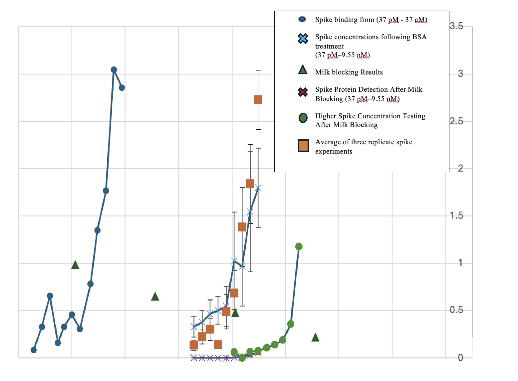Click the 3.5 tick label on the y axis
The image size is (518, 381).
pos(456,26)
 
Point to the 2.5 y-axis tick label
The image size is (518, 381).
pos(456,121)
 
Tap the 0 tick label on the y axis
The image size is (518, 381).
pos(460,358)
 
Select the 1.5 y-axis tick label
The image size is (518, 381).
pos(456,216)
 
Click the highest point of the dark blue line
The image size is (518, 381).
pos(114,69)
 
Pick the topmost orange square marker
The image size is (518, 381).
pos(258,99)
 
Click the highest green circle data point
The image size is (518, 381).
pos(299,246)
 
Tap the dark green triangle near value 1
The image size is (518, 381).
pos(75,265)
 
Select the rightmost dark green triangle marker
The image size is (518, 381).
pos(315,338)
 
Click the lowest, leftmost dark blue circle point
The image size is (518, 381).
pos(34,350)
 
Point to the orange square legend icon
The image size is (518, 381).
pos(303,146)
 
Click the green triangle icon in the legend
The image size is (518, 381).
pos(303,70)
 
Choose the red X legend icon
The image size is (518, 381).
pos(303,92)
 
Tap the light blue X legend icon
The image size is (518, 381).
pos(303,39)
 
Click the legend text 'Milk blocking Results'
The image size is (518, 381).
pos(349,72)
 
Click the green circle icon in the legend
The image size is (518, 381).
pos(303,118)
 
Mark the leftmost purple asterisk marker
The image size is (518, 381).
pos(194,358)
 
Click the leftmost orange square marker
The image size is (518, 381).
pos(194,345)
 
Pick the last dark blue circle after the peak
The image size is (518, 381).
pos(122,87)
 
